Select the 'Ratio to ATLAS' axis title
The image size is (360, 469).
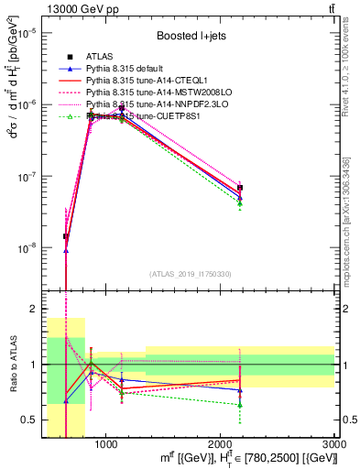pyautogui.click(x=12, y=365)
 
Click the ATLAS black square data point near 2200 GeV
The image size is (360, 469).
pyautogui.click(x=240, y=188)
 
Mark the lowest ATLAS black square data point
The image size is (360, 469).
pyautogui.click(x=66, y=236)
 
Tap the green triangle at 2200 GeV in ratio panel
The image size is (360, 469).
pyautogui.click(x=240, y=404)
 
